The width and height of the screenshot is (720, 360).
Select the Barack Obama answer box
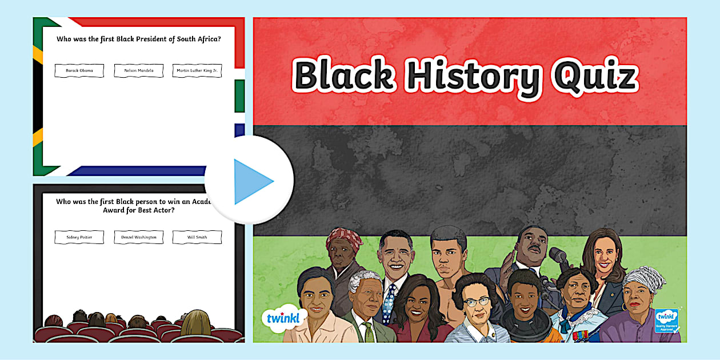pyautogui.click(x=79, y=71)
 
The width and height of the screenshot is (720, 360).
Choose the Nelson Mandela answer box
pyautogui.click(x=138, y=71)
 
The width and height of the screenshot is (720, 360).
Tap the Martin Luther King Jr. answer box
pyautogui.click(x=197, y=71)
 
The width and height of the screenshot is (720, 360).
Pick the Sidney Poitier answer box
pyautogui.click(x=79, y=237)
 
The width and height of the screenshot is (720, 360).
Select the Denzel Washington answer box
pyautogui.click(x=138, y=237)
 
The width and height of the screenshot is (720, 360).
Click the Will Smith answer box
pyautogui.click(x=197, y=237)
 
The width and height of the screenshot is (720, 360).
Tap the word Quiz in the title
pyautogui.click(x=594, y=77)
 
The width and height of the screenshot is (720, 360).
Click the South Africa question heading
pyautogui.click(x=139, y=39)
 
